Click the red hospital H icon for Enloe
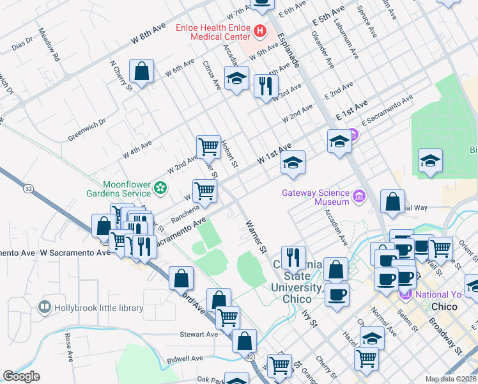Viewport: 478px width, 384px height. coord(261,30)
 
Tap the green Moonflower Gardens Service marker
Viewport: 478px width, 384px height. coord(160,188)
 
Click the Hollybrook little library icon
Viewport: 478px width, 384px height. coord(45,308)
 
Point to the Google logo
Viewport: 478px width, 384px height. coord(21,376)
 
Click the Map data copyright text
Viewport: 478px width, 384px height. coord(451,379)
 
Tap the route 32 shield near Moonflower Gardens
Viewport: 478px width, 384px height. coord(29,189)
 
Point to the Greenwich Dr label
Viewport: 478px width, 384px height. coord(87,128)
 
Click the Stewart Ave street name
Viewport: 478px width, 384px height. coord(199,334)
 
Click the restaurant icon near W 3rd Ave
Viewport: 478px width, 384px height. coord(265,84)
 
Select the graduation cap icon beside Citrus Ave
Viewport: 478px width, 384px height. coord(236,79)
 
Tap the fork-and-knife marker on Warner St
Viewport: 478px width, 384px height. coord(293,257)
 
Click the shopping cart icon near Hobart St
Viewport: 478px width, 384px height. coord(208,147)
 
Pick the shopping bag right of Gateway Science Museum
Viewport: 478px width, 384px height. coord(392,200)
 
